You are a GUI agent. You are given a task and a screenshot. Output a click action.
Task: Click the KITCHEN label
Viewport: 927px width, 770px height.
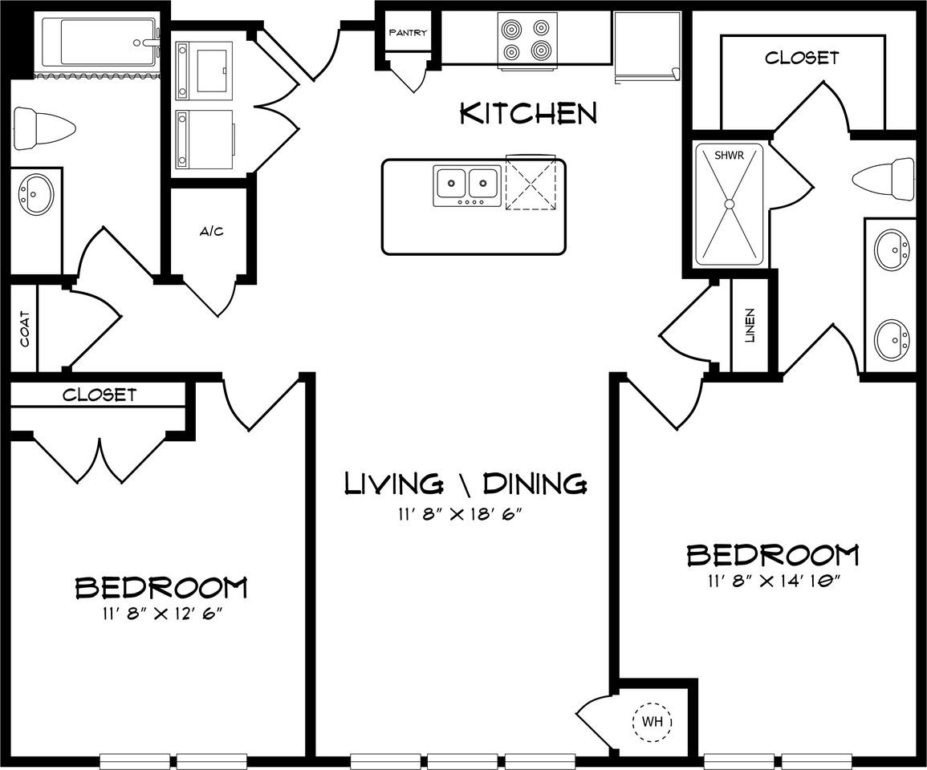pyautogui.click(x=528, y=114)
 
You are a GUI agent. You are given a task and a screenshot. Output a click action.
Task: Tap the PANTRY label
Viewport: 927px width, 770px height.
pyautogui.click(x=408, y=33)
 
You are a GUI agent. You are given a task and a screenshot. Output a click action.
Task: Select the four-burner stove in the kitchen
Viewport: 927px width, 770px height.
pyautogui.click(x=527, y=40)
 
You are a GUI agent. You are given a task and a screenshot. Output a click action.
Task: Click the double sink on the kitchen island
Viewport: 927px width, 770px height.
pyautogui.click(x=467, y=185)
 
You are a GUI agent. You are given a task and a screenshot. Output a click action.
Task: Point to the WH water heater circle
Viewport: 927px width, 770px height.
pyautogui.click(x=652, y=722)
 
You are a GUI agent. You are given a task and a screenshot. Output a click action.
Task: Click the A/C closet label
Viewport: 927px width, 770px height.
pyautogui.click(x=211, y=232)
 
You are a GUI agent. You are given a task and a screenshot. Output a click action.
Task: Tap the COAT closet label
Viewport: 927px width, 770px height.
pyautogui.click(x=25, y=329)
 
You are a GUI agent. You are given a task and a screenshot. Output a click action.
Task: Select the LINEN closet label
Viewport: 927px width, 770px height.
pyautogui.click(x=750, y=325)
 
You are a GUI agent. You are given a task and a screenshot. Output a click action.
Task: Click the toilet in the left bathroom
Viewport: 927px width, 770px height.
pyautogui.click(x=45, y=128)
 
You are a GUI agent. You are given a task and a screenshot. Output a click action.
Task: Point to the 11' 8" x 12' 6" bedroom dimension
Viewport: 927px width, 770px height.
pyautogui.click(x=161, y=614)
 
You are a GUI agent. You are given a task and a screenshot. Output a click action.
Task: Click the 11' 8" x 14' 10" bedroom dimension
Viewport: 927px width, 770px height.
pyautogui.click(x=772, y=582)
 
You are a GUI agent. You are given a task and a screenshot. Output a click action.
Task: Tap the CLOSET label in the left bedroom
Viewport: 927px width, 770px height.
pyautogui.click(x=100, y=395)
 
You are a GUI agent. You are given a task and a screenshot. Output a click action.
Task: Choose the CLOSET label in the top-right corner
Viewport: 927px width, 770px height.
pyautogui.click(x=801, y=58)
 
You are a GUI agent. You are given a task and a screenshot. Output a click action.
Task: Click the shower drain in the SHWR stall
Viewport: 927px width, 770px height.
pyautogui.click(x=729, y=204)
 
